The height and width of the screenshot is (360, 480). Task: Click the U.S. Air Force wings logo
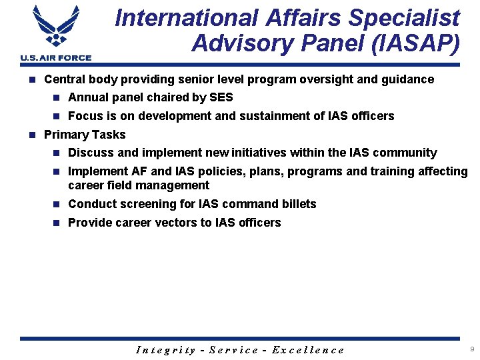56,28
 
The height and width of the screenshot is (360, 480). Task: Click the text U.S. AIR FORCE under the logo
56,58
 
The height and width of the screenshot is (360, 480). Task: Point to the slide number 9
472,349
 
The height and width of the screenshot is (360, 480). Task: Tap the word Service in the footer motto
234,350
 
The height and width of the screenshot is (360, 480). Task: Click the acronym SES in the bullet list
221,97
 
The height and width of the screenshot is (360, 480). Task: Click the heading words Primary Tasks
85,135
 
